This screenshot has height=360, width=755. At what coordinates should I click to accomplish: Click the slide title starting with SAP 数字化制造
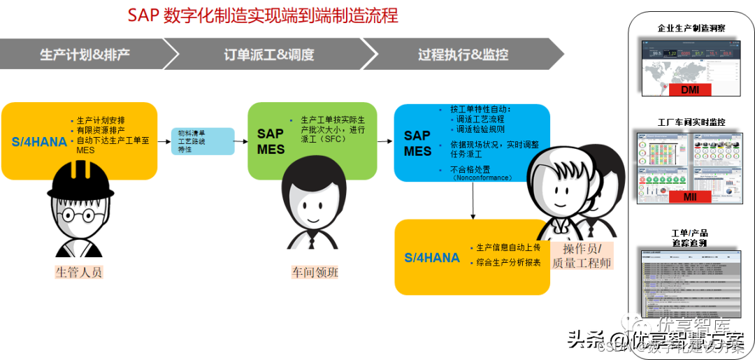coord(262,15)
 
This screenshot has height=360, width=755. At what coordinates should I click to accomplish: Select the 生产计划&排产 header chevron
coord(84,55)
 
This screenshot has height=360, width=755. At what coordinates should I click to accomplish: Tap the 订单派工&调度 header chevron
coord(269,55)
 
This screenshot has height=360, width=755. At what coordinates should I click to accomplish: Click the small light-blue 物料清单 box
coord(203,141)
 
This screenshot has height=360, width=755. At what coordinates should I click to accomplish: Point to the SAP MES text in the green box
coord(271,141)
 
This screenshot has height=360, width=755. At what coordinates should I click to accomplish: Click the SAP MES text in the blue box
coord(417,143)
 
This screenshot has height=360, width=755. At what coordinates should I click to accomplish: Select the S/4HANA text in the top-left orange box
coord(39,142)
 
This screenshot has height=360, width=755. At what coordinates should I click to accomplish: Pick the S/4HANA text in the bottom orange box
coord(432,258)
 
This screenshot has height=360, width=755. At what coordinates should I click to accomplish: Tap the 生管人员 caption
coord(79,272)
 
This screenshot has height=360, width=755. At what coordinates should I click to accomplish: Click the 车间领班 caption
coord(314,272)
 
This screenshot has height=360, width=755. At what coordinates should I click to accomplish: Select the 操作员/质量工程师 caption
coord(582,257)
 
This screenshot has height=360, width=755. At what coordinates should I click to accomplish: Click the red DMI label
coord(689,89)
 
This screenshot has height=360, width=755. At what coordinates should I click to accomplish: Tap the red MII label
coord(689,197)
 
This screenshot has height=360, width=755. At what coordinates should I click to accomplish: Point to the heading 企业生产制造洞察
coord(691,29)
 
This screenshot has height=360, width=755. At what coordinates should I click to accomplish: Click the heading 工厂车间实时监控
coord(691,122)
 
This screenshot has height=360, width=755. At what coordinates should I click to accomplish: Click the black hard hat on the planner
coord(80,180)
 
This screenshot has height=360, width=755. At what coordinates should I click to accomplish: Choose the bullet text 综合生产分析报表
coord(508,263)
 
